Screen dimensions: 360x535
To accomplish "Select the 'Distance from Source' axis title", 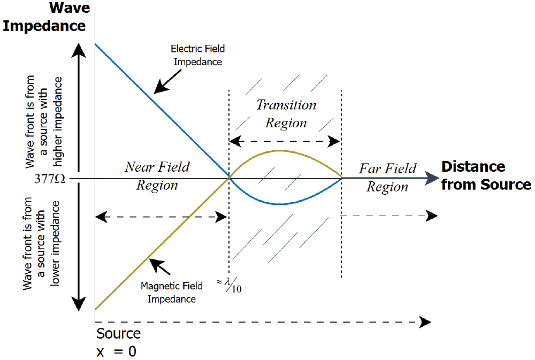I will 486,175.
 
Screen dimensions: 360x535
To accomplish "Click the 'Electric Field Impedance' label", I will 197,55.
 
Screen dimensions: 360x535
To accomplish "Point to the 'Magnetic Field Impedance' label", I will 168,293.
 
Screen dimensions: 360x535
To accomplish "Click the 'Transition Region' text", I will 286,113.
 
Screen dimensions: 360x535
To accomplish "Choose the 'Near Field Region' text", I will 157,176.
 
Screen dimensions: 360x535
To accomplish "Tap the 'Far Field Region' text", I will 387,178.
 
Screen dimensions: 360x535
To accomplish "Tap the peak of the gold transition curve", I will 280,151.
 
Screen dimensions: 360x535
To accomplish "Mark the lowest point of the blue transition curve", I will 280,204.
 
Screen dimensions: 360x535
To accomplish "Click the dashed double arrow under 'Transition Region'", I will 285,141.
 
